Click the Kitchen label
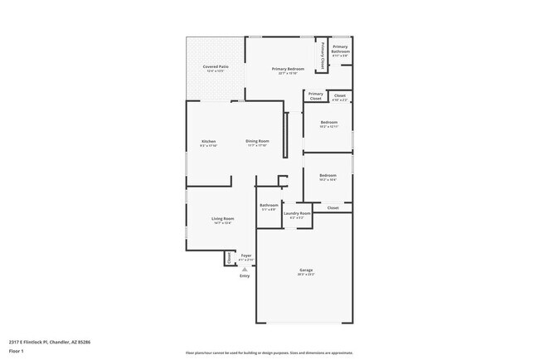(x=208, y=141)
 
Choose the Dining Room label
(x=257, y=141)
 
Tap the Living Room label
(x=222, y=218)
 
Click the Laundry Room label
(x=297, y=213)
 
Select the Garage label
(x=306, y=270)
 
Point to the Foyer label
(x=245, y=255)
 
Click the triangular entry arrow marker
(x=245, y=269)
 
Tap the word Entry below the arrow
(x=245, y=276)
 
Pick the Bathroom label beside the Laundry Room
(x=269, y=205)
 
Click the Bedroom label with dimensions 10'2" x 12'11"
(x=329, y=122)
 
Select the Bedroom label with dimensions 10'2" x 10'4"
(x=328, y=175)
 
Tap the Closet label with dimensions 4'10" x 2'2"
(x=340, y=96)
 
